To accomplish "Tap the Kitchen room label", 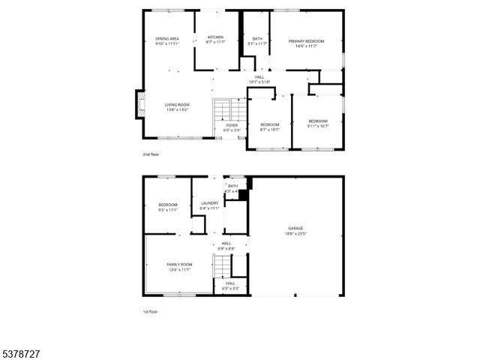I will point(215,40).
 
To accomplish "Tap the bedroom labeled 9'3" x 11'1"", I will point(168,208).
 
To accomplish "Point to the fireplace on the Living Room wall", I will point(139,106).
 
